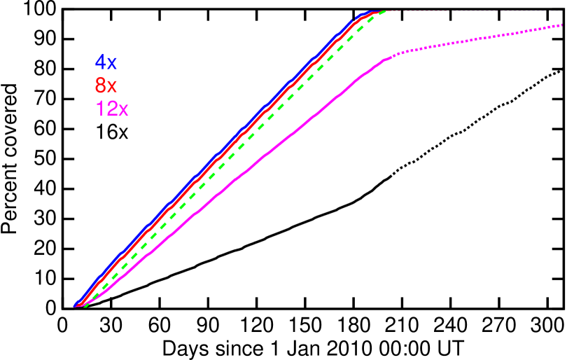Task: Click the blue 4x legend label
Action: [106, 62]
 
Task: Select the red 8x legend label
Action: [106, 85]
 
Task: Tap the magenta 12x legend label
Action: [112, 109]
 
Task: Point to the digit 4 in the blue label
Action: [101, 62]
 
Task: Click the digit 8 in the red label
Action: [101, 85]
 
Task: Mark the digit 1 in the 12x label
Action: [99, 109]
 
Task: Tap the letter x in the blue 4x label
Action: [112, 64]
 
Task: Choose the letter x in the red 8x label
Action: [112, 87]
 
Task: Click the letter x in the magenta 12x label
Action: [122, 111]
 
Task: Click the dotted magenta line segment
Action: [476, 39]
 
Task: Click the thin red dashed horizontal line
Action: [476, 11]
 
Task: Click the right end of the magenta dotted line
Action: [561, 25]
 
